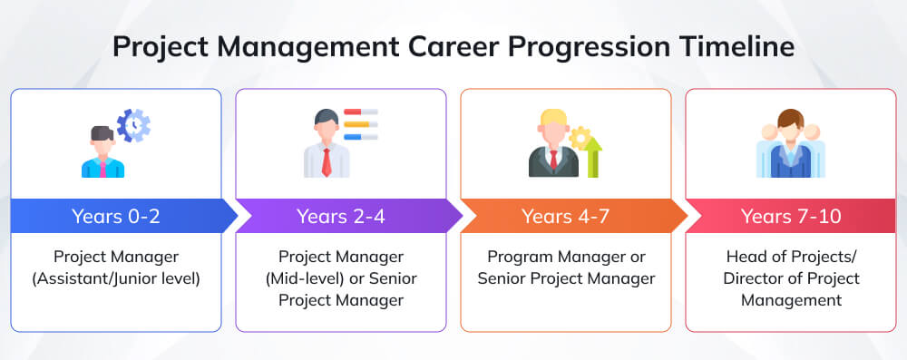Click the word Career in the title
point(439,46)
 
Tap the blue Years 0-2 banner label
point(115,216)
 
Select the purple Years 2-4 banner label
point(340,216)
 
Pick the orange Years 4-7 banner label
point(565,216)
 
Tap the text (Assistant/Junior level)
point(116,278)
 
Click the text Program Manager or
point(566,257)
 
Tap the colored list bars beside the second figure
point(360,124)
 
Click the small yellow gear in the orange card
point(578,137)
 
